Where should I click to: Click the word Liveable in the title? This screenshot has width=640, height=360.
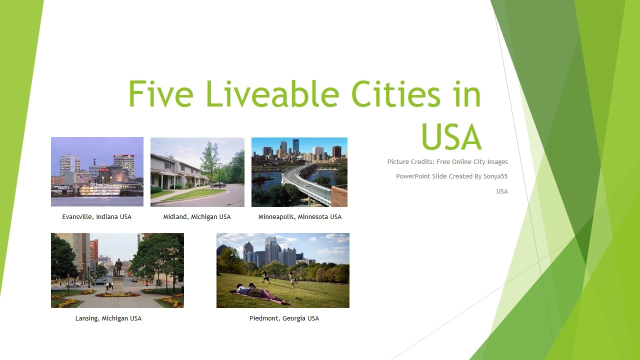pyautogui.click(x=272, y=93)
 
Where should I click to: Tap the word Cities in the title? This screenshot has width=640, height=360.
pyautogui.click(x=396, y=93)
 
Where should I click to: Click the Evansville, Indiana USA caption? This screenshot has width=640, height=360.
pyautogui.click(x=97, y=217)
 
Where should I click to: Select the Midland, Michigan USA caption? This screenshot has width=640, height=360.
pyautogui.click(x=197, y=217)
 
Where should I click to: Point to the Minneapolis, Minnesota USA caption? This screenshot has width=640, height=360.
pyautogui.click(x=299, y=217)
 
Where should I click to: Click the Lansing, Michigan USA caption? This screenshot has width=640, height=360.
pyautogui.click(x=108, y=318)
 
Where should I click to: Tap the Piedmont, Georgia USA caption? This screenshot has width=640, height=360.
pyautogui.click(x=284, y=318)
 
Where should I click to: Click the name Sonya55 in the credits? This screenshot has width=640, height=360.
pyautogui.click(x=495, y=176)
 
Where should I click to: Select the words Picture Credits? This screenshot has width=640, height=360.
pyautogui.click(x=411, y=161)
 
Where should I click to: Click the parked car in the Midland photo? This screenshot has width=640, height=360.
pyautogui.click(x=218, y=185)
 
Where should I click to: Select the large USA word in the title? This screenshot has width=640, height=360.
pyautogui.click(x=451, y=137)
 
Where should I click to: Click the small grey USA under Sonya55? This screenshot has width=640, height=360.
pyautogui.click(x=502, y=191)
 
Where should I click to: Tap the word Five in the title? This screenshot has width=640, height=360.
pyautogui.click(x=161, y=93)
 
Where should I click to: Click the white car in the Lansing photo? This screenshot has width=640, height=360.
pyautogui.click(x=73, y=284)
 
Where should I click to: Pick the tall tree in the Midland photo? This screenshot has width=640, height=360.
pyautogui.click(x=210, y=163)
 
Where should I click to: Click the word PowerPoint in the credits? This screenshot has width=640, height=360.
pyautogui.click(x=413, y=176)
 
